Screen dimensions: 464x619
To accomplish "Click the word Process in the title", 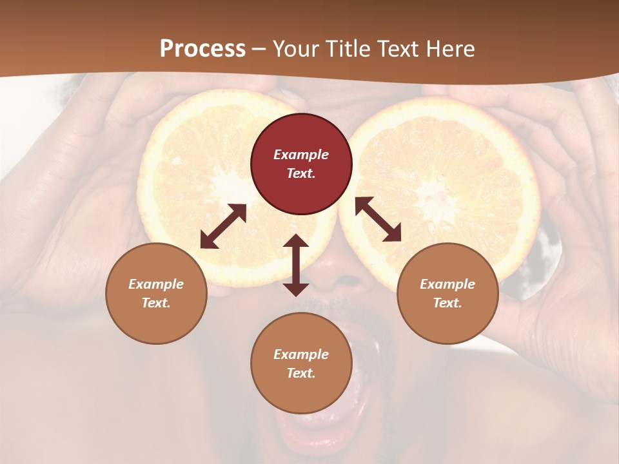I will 202,49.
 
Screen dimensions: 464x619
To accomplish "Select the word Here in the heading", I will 449,49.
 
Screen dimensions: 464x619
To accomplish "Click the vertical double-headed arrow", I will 296,265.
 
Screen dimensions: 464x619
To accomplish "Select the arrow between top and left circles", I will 223,226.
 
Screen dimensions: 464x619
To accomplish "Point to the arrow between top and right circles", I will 378,219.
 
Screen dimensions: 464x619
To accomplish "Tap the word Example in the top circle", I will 301,155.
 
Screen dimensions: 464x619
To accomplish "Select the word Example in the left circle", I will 156,284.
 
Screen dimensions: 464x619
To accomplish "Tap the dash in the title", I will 259,50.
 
